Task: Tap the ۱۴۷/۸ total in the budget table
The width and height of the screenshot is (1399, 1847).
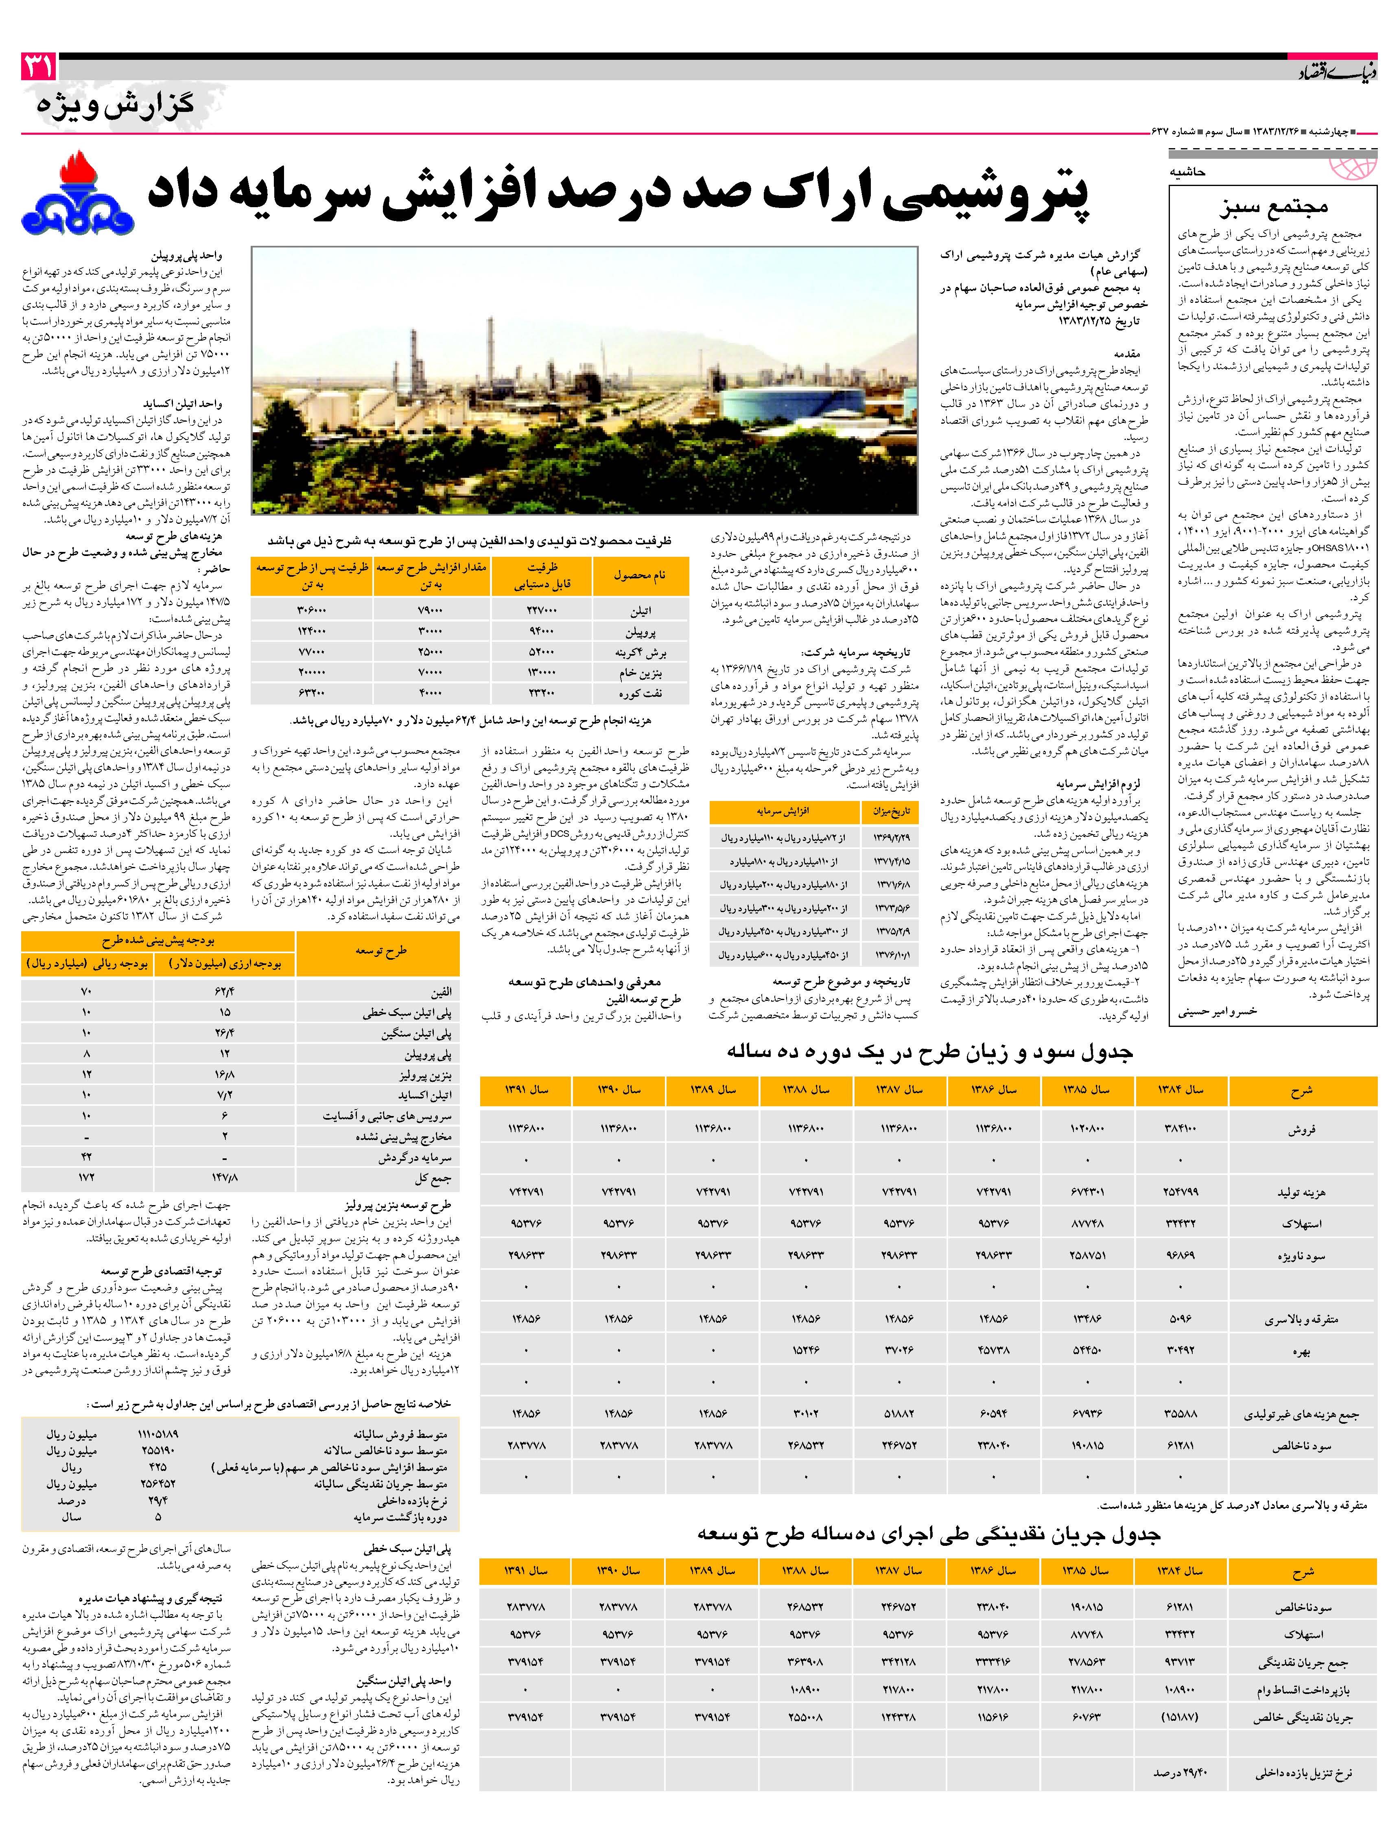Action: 225,1178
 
